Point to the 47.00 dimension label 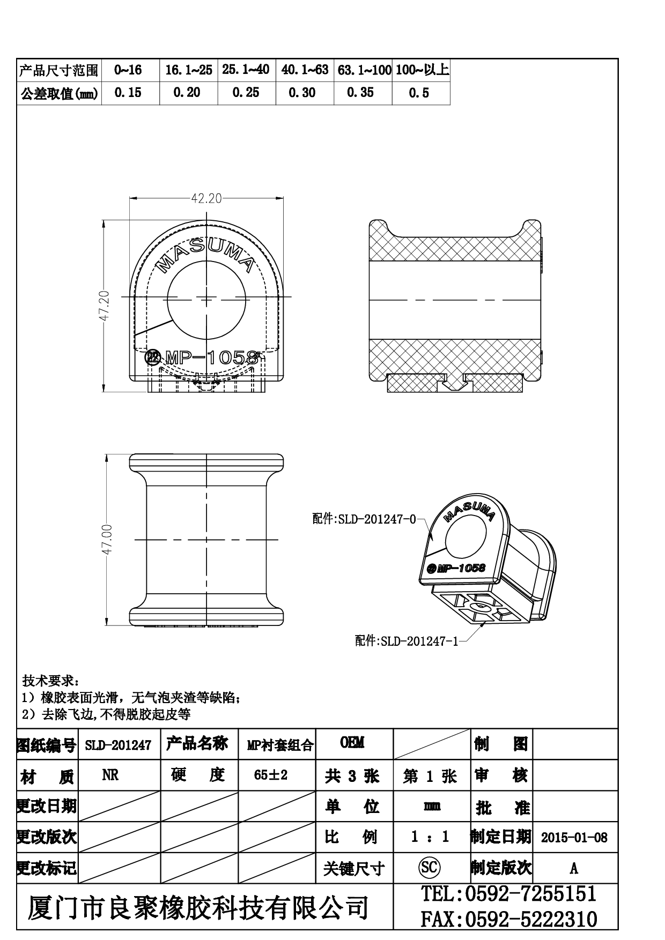point(106,540)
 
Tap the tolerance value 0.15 point(128,93)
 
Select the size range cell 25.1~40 point(246,70)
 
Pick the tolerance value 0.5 point(419,93)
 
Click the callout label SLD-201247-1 point(419,641)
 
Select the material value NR point(110,775)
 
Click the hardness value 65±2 point(271,775)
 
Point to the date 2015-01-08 point(574,837)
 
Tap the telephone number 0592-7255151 point(530,894)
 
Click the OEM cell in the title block point(352,742)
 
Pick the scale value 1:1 point(429,837)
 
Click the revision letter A point(574,868)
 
